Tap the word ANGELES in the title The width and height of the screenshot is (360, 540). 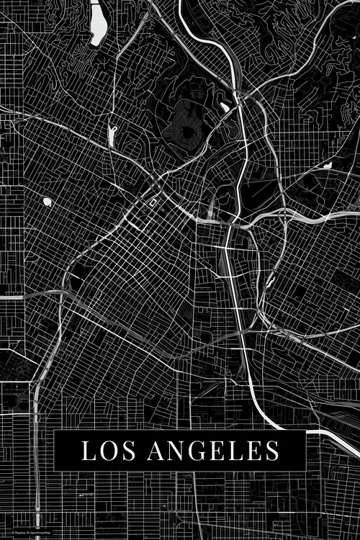tap(214, 451)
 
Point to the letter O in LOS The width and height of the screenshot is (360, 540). tap(107, 451)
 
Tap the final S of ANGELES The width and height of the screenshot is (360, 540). tap(271, 451)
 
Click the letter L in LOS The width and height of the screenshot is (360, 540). tap(88, 451)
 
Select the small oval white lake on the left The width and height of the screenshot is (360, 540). tap(48, 202)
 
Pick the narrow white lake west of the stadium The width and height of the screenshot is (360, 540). tap(112, 134)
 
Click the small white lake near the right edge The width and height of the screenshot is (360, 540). tap(328, 165)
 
